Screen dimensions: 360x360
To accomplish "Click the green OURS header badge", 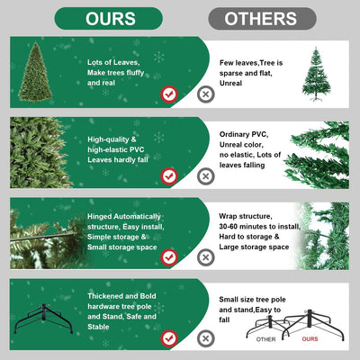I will click(x=110, y=18).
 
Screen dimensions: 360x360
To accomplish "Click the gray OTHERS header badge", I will click(x=262, y=18).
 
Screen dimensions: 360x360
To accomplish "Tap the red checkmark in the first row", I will click(x=168, y=93).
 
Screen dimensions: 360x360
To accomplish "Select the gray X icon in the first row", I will click(x=206, y=93).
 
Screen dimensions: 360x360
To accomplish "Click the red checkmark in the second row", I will click(x=168, y=175).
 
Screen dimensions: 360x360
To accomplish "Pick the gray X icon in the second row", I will click(x=206, y=175).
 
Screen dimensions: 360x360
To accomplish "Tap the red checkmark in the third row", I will click(x=168, y=257).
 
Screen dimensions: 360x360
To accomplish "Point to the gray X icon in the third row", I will click(x=206, y=257).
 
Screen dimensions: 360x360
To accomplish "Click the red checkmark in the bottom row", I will click(x=168, y=338).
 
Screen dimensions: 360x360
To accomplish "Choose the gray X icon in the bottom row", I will click(x=206, y=338).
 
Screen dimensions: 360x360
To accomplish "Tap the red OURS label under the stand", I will click(x=310, y=340).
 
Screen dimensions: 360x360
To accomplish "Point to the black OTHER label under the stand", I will click(x=265, y=340).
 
